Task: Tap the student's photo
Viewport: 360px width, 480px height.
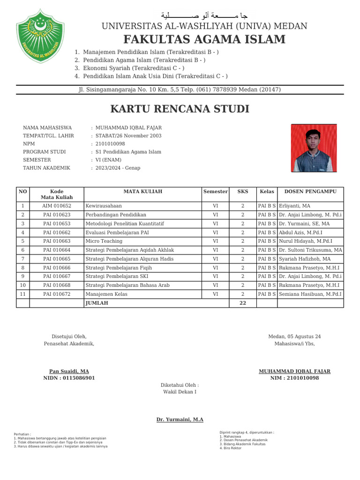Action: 314,148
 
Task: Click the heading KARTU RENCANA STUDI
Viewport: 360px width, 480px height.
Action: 180,109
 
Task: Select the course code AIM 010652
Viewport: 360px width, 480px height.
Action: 57,206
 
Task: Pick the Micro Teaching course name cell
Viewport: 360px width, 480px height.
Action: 104,241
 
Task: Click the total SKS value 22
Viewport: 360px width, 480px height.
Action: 242,303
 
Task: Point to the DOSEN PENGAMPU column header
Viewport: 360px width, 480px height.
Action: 310,191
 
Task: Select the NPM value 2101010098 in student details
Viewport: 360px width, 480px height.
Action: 110,144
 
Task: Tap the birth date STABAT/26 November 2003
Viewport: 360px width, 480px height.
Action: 128,136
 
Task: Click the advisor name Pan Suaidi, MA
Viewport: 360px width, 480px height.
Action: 69,371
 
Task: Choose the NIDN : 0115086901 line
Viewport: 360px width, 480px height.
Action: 69,378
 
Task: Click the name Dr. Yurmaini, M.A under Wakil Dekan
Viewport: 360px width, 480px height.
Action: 180,420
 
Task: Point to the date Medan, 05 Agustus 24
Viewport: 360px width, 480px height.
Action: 294,337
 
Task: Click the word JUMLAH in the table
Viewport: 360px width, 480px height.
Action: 97,303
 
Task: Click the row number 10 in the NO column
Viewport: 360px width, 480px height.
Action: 22,285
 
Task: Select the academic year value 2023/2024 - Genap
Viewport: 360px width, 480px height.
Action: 118,168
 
